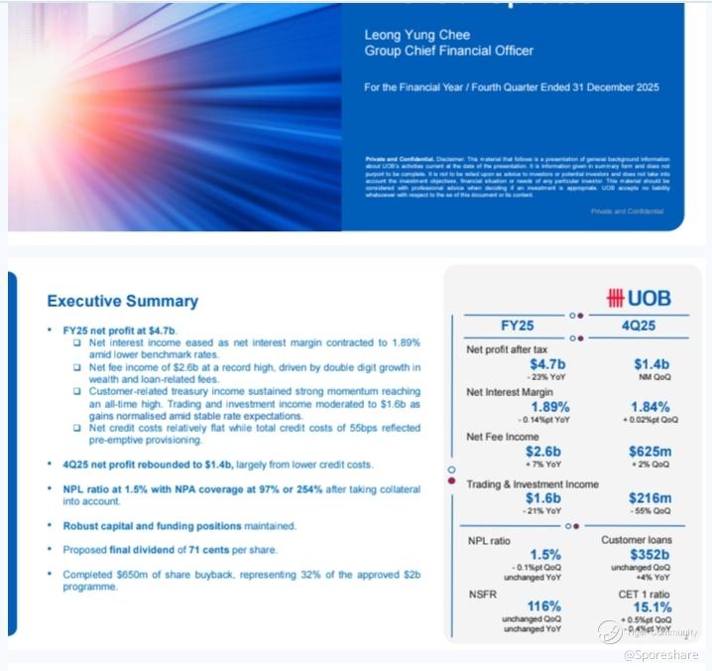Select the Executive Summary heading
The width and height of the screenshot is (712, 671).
(x=123, y=301)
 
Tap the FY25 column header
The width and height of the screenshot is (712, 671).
(x=517, y=326)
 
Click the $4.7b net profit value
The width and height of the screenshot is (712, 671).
(x=517, y=364)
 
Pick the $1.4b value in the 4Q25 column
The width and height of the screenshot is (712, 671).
(x=652, y=364)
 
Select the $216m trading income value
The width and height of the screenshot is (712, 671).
(x=651, y=497)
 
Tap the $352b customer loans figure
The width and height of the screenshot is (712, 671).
(x=651, y=555)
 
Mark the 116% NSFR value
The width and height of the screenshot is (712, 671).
(x=517, y=605)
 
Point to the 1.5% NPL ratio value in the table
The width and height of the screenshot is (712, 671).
(x=517, y=555)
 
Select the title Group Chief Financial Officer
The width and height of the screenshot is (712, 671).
(x=448, y=51)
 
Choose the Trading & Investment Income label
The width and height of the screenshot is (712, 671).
(x=533, y=483)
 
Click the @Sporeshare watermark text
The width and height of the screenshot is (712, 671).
(x=660, y=654)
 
